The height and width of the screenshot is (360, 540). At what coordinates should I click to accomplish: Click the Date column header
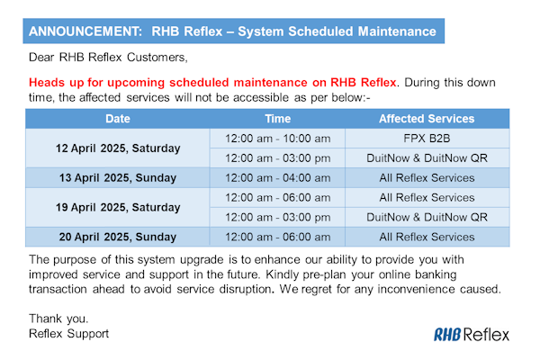click(117, 119)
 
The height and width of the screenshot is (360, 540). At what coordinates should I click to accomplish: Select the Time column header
click(277, 119)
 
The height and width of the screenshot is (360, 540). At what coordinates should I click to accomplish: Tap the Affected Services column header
click(427, 119)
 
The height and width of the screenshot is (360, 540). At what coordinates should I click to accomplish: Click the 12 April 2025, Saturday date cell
click(117, 148)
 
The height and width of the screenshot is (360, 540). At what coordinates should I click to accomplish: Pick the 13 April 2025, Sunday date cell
click(117, 177)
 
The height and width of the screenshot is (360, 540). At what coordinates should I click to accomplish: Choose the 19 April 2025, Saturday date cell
click(117, 207)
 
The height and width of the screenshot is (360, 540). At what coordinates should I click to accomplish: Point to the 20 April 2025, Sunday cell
click(117, 237)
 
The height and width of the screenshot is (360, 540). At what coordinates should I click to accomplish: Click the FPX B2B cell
click(427, 138)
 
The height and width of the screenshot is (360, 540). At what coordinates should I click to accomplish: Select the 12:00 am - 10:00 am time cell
click(277, 138)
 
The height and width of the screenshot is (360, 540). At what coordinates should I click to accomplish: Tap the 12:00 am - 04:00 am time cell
click(277, 177)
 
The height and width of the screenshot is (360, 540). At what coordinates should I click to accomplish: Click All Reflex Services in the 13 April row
click(427, 177)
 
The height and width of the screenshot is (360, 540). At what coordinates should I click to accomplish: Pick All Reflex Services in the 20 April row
click(427, 237)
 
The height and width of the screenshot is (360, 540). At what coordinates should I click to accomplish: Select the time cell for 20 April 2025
click(277, 237)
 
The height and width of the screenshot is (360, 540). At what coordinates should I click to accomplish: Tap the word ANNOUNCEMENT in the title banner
click(83, 31)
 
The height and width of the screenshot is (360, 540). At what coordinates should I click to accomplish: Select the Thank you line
click(58, 318)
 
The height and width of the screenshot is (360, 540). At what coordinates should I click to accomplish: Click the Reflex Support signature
click(68, 334)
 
